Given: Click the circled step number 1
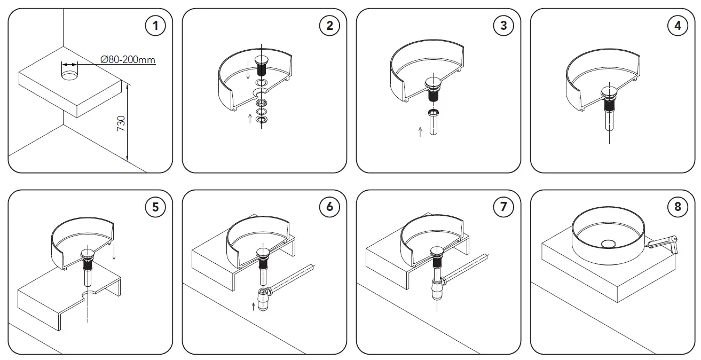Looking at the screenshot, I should point(155,26).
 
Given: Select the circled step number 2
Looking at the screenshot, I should point(329,26).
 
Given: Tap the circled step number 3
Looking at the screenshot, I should point(503,26).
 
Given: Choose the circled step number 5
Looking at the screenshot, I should point(155,207).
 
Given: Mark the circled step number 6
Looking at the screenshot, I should point(329,207).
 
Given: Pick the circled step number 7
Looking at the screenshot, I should point(503,207).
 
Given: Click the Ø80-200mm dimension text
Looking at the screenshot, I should point(128,59).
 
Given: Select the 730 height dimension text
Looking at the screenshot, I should point(121,123).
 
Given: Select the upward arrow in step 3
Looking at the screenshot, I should point(420,131).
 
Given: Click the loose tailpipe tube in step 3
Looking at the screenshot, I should point(434,123).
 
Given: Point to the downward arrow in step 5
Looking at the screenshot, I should point(114,252).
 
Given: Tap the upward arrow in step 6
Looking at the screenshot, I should point(252,307).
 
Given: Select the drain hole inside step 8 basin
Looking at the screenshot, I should point(608,244).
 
